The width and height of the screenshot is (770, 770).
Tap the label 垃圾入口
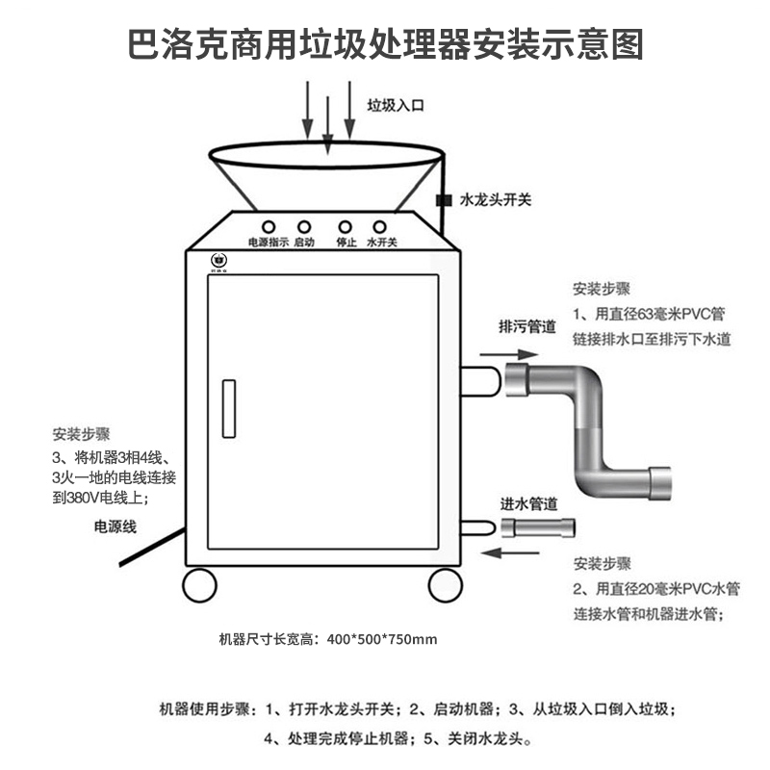[x=395, y=104]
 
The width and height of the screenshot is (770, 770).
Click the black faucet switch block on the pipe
[x=444, y=201]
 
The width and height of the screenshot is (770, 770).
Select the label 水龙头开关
[x=497, y=200]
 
